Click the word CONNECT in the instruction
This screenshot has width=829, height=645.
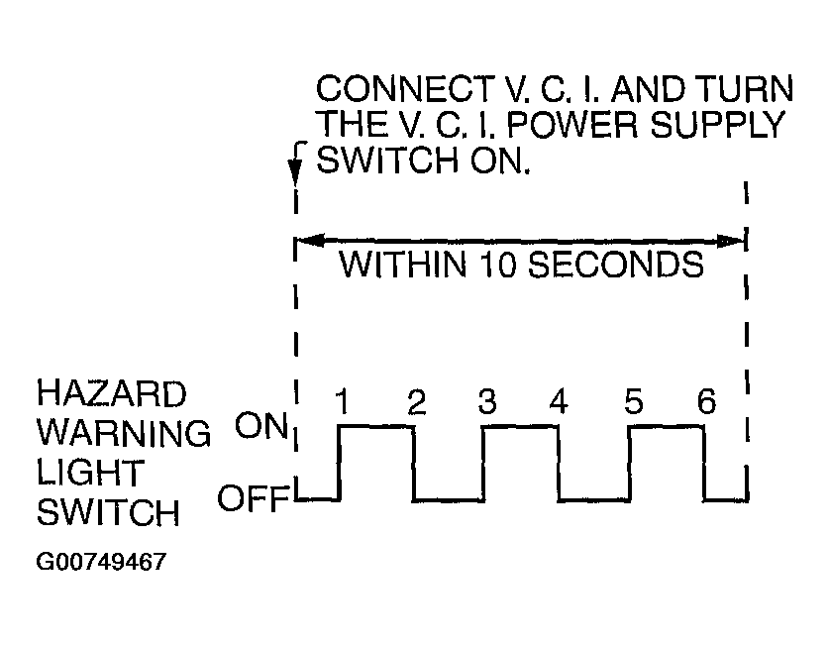pyautogui.click(x=403, y=89)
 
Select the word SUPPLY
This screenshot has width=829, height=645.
pyautogui.click(x=717, y=125)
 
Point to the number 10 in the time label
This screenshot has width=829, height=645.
pyautogui.click(x=498, y=265)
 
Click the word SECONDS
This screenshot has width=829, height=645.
pyautogui.click(x=616, y=265)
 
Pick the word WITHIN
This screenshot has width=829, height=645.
pyautogui.click(x=403, y=265)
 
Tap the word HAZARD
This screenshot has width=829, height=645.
pyautogui.click(x=112, y=394)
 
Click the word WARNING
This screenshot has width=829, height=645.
pyautogui.click(x=124, y=433)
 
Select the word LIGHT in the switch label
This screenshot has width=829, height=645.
pyautogui.click(x=90, y=473)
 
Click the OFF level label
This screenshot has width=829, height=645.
pyautogui.click(x=254, y=498)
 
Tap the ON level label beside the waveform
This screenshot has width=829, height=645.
pyautogui.click(x=261, y=426)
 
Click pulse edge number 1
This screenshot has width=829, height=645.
pyautogui.click(x=343, y=402)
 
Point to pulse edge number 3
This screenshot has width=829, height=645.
pyautogui.click(x=487, y=401)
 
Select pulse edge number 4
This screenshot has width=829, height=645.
pyautogui.click(x=559, y=401)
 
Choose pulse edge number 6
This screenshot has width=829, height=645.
pyautogui.click(x=707, y=401)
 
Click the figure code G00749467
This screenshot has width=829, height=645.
pyautogui.click(x=101, y=562)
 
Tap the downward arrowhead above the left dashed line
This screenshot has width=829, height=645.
pyautogui.click(x=295, y=170)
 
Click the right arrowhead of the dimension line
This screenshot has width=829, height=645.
pyautogui.click(x=731, y=242)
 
